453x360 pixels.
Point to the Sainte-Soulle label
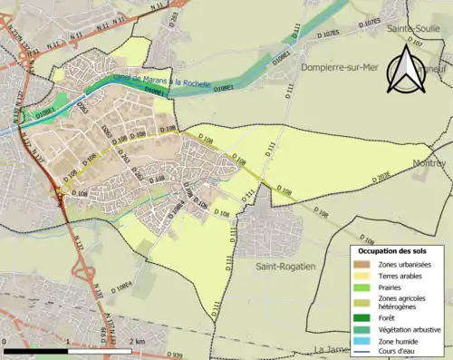tap(415, 29)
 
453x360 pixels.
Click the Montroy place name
tap(429, 163)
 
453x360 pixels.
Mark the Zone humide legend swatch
tap(362, 340)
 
